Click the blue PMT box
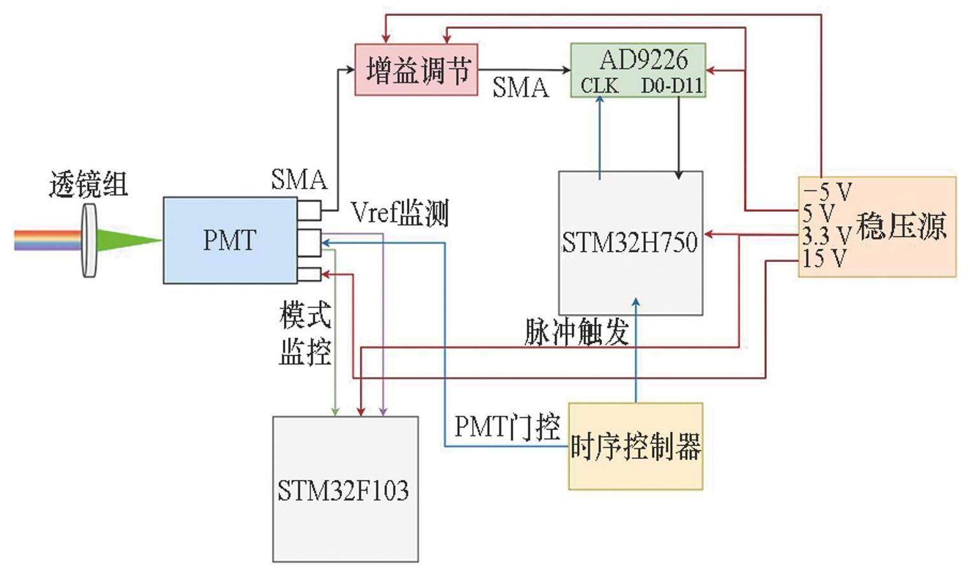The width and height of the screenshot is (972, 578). [x=229, y=240]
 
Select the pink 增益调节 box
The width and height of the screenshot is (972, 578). [x=416, y=69]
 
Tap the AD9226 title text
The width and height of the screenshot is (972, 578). [x=643, y=60]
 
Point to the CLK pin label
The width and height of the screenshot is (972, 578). [x=599, y=85]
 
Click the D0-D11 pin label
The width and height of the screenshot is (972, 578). [x=671, y=85]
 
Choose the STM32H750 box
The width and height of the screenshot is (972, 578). [x=630, y=243]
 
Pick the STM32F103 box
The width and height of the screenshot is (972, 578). [x=345, y=489]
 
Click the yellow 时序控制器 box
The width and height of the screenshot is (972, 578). [x=635, y=446]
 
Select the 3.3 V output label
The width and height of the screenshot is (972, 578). [x=826, y=236]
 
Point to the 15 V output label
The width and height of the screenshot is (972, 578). [x=824, y=258]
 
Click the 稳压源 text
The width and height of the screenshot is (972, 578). [x=901, y=226]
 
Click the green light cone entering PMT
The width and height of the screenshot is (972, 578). [x=127, y=240]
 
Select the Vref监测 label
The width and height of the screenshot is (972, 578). [x=399, y=213]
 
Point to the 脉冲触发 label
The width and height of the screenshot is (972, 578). [x=576, y=331]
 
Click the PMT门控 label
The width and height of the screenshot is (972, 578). [x=507, y=426]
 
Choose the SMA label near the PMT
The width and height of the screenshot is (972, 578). [x=299, y=180]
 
